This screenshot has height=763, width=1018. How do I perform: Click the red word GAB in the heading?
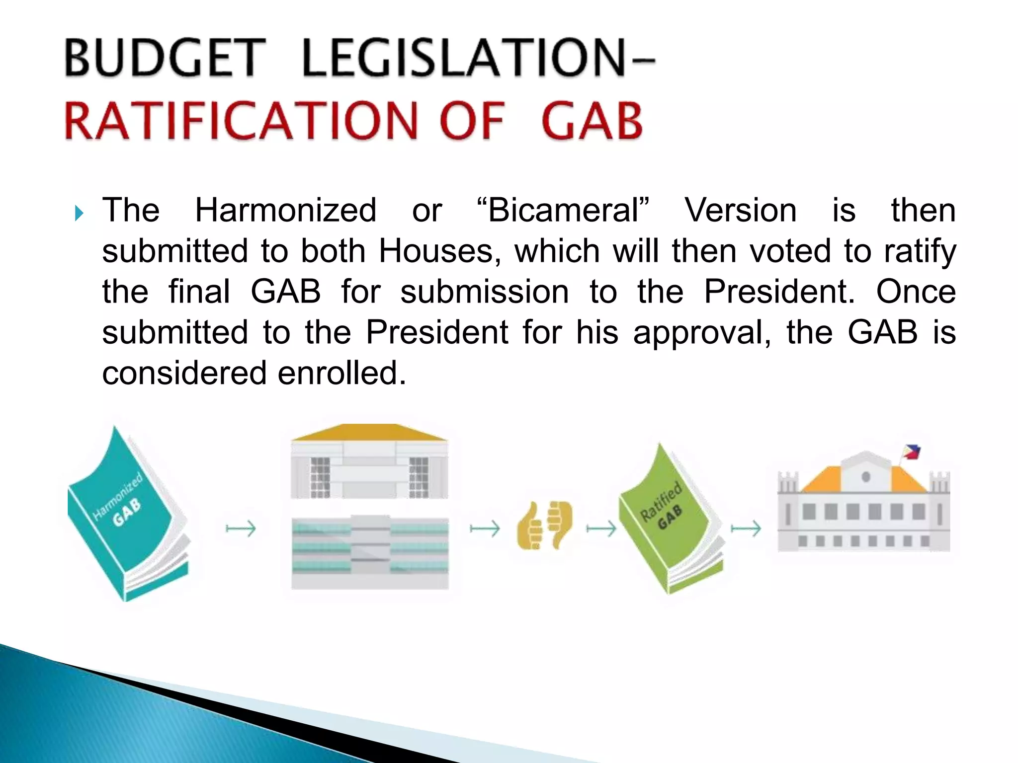point(592,121)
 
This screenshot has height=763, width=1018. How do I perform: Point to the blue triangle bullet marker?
point(79,214)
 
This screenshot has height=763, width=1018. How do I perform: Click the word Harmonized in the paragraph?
point(286,210)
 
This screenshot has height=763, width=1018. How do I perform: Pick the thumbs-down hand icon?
point(560,522)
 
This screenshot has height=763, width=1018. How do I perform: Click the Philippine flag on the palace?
point(912,452)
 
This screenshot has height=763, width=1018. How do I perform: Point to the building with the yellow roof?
point(369,462)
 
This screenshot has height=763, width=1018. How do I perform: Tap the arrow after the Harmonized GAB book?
point(241,529)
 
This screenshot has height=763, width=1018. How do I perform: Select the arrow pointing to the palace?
point(746,529)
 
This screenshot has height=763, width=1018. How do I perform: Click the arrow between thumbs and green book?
point(601,529)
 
